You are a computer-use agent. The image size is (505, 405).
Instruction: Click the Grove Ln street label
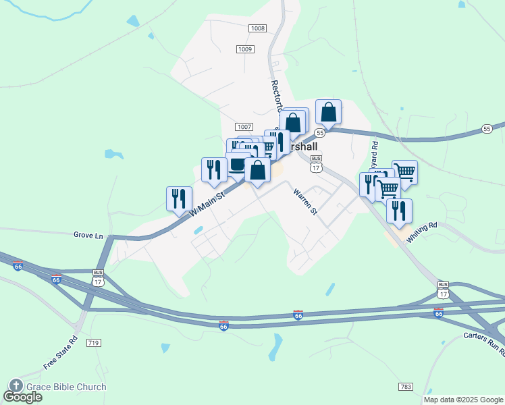88,236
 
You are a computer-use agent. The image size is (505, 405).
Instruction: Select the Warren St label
305,202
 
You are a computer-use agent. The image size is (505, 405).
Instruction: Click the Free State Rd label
61,352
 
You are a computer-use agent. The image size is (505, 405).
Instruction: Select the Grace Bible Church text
66,387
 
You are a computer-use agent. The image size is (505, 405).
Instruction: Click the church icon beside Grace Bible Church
16,387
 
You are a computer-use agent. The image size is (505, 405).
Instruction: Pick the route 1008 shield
257,28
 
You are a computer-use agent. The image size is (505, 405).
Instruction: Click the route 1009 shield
244,49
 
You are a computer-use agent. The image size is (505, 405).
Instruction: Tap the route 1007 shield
244,127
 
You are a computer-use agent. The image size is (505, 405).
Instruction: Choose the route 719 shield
93,344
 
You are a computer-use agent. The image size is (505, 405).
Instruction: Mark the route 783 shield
405,387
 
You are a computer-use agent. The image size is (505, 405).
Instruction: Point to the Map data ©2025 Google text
463,400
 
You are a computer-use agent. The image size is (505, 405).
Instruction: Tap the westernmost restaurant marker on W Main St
179,198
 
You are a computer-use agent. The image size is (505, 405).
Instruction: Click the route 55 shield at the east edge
487,128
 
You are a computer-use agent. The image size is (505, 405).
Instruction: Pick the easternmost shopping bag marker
328,112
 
